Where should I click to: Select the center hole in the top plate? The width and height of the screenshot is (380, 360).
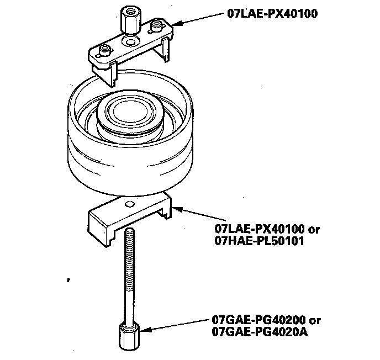(x=131, y=43)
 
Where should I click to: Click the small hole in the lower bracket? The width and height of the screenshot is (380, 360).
(x=129, y=205)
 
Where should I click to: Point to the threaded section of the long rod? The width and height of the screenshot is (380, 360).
(x=130, y=260)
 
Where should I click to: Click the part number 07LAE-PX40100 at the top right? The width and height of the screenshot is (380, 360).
(x=273, y=14)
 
